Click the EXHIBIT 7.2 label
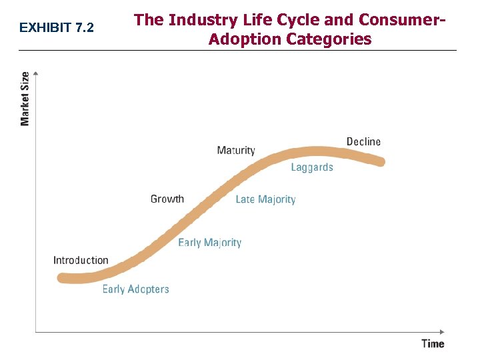pos(57,28)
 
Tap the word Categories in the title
pos(329,39)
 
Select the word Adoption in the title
pos(245,39)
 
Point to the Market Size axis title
pos(25,99)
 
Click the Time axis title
pos(433,343)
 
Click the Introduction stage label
pos(81,260)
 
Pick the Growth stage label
pos(167,199)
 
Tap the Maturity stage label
pos(236,150)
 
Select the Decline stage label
pos(363,141)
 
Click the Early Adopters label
pos(135,289)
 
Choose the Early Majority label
pos(209,243)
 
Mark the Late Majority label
pos(265,199)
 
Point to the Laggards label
pos(311,167)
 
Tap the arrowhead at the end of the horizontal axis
pos(441,331)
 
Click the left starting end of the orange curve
pos(62,278)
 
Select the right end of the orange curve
pos(381,161)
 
